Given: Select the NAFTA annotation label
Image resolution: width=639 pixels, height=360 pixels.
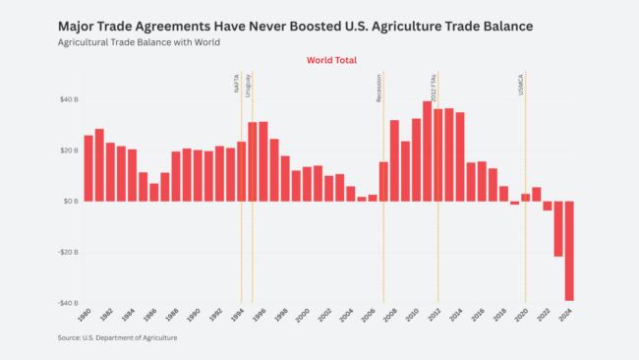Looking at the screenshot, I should (x=237, y=86).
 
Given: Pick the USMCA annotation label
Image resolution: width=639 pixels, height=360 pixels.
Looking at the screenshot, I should (x=521, y=85).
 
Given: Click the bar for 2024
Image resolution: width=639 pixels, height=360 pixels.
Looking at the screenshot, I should (x=569, y=251).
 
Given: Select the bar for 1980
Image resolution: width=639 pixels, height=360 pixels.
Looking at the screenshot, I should (x=88, y=168).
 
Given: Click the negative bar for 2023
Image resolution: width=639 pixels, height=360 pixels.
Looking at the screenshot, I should (x=558, y=228).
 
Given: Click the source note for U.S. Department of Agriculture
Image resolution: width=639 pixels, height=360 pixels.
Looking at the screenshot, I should (x=117, y=337).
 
